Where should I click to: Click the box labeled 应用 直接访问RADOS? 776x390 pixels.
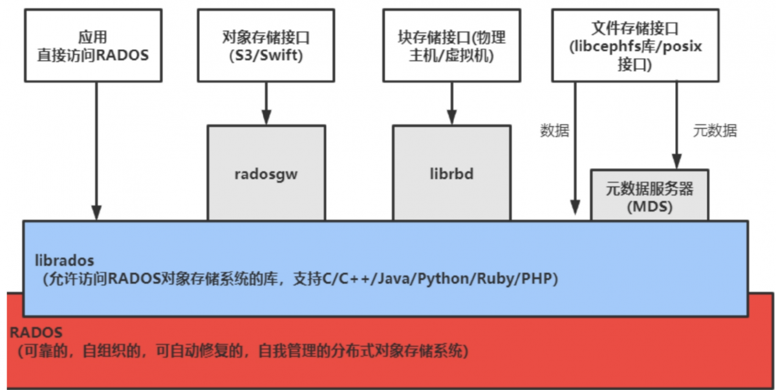(x=92, y=45)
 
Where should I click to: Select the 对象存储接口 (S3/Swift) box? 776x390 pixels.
(x=266, y=45)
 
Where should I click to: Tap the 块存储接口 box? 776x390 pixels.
(x=451, y=45)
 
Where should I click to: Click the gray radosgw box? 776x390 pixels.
(x=266, y=173)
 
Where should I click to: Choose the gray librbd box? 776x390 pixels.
(x=451, y=173)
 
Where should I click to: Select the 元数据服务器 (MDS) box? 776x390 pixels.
(x=649, y=196)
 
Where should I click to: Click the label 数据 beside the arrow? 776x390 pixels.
(x=554, y=131)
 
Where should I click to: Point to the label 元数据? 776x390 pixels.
(x=715, y=131)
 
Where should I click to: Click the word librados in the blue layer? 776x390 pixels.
(x=64, y=261)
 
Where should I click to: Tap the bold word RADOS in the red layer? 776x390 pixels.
(x=36, y=333)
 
